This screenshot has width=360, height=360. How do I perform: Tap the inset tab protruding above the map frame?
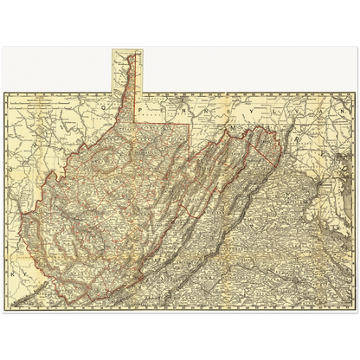click(127, 69)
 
